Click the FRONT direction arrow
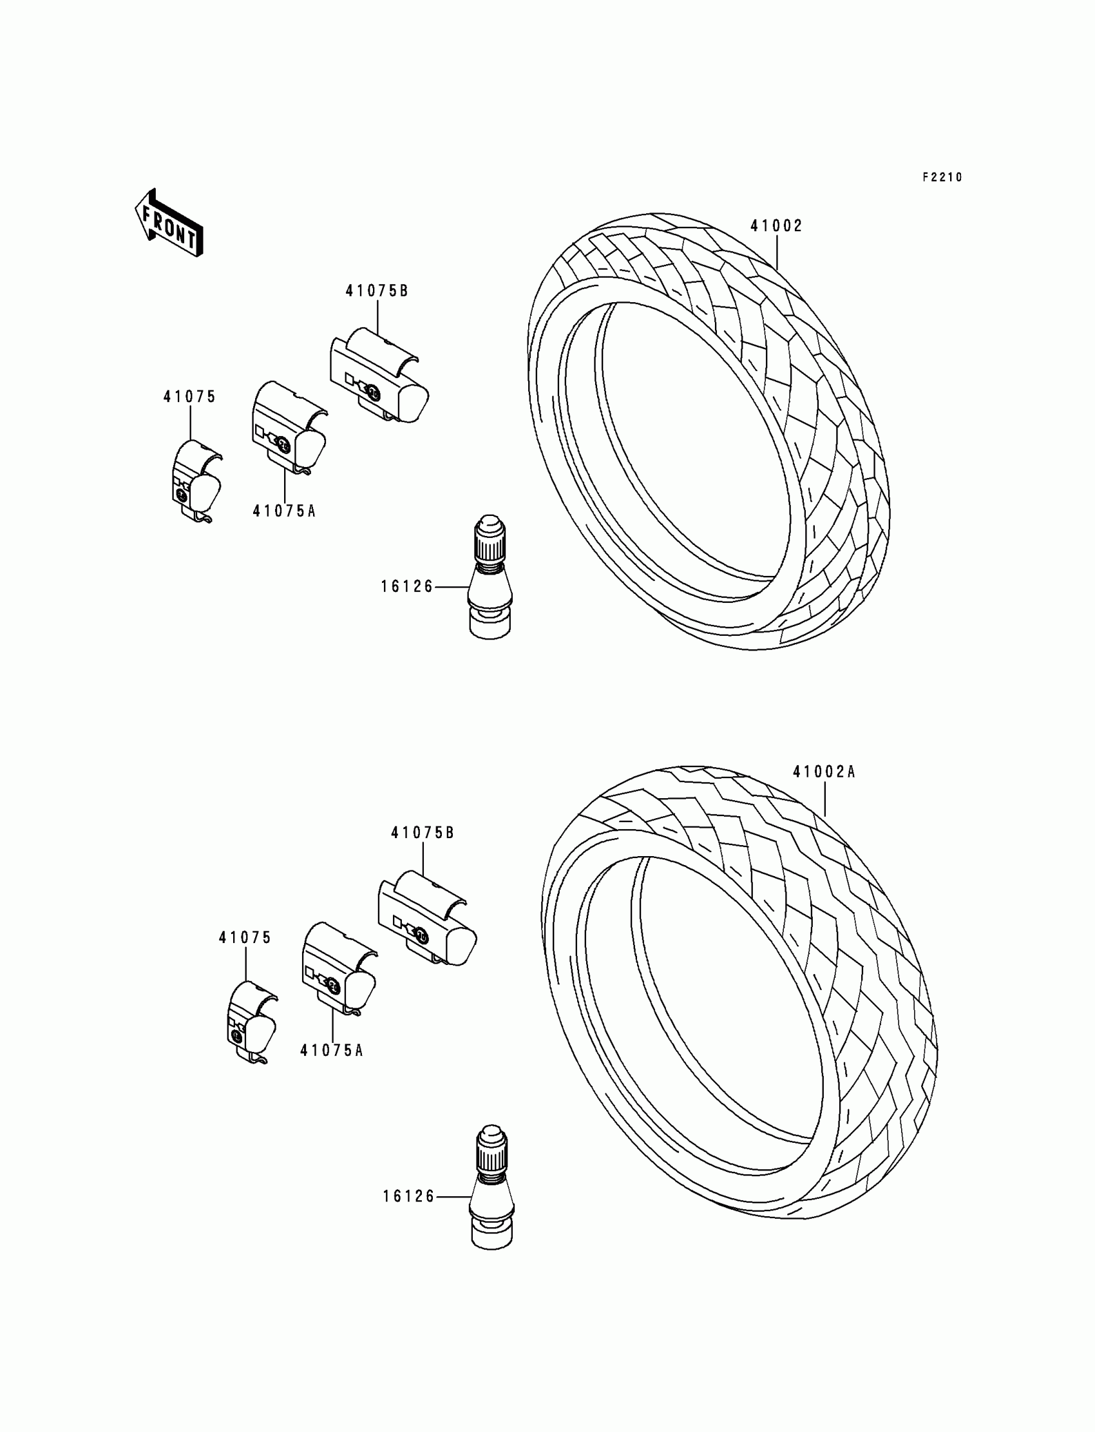(169, 223)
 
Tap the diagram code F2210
(942, 177)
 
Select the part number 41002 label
(776, 226)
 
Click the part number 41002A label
(824, 772)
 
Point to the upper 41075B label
(377, 291)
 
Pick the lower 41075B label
(423, 833)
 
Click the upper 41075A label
(284, 511)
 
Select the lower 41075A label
(331, 1051)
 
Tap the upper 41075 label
(189, 396)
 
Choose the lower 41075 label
(244, 937)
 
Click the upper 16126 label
(406, 587)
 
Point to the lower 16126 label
(408, 1197)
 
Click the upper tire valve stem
(491, 577)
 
